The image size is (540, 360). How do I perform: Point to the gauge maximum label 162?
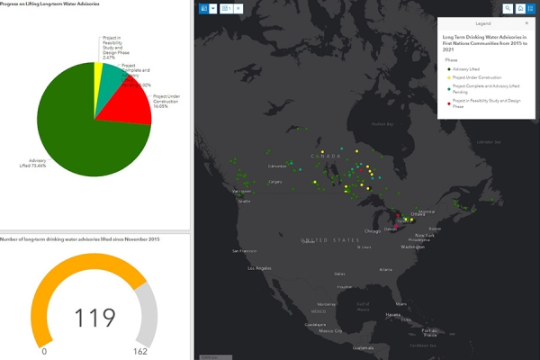(140, 351)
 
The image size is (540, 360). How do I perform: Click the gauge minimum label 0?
(44, 351)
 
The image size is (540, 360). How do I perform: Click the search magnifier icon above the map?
(508, 8)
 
